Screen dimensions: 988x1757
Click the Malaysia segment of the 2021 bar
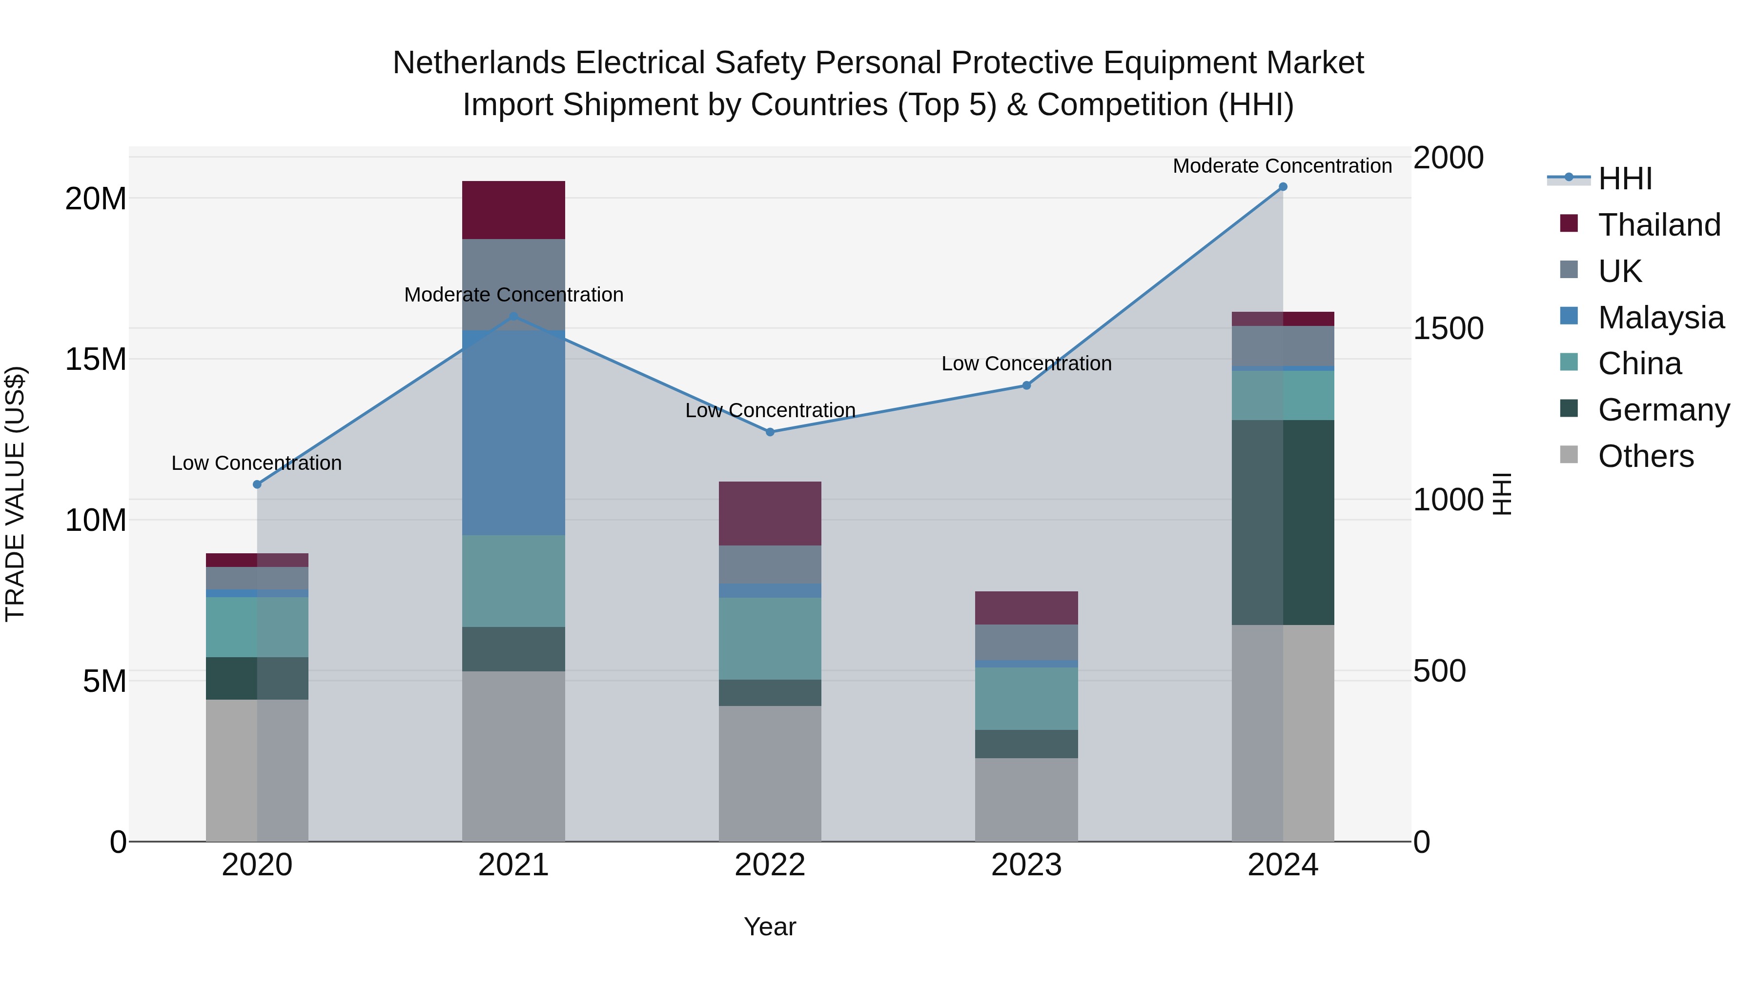[x=513, y=432]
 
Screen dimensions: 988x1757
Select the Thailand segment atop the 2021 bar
[x=513, y=210]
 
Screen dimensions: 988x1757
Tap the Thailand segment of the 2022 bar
[x=770, y=513]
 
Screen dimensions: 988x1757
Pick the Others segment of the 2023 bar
[x=1026, y=799]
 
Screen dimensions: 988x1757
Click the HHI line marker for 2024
[x=1283, y=187]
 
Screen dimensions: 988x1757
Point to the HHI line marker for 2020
[x=257, y=485]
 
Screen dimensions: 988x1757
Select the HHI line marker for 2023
[x=1026, y=386]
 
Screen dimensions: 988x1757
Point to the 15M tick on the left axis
[x=96, y=359]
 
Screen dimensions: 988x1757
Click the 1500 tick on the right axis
[x=1448, y=329]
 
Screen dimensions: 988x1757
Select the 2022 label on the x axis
[x=770, y=865]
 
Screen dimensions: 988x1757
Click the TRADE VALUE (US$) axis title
[x=16, y=494]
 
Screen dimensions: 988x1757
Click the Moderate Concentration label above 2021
[x=513, y=295]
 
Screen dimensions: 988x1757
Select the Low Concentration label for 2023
[x=1026, y=363]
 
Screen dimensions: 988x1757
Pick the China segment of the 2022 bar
[x=770, y=639]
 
